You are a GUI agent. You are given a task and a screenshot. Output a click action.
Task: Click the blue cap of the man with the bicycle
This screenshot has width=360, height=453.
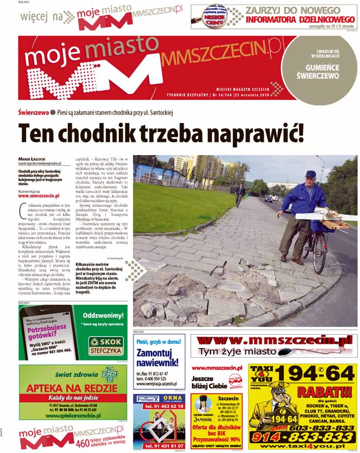click(x=310, y=174)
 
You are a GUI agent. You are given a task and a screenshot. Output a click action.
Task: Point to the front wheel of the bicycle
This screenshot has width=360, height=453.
click(x=319, y=252)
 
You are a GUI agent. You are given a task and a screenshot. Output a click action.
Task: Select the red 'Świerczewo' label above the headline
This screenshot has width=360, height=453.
click(x=33, y=112)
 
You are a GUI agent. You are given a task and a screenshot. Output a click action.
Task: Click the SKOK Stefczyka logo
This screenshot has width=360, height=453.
click(x=105, y=345)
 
